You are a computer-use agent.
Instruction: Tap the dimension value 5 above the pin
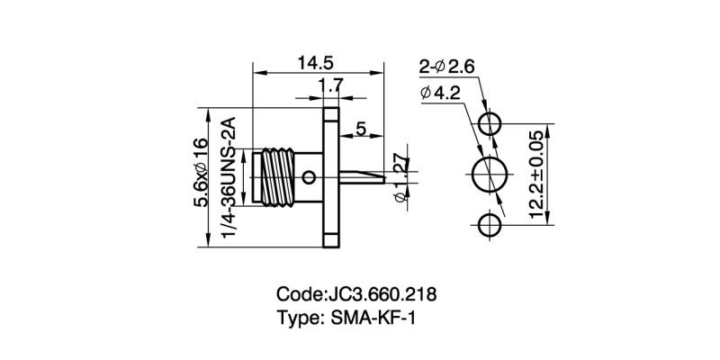click(360, 130)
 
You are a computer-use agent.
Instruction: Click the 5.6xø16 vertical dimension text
click(202, 175)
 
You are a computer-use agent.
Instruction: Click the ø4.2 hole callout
click(441, 92)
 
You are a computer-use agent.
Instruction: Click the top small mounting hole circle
click(490, 123)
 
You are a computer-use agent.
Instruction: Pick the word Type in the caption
click(297, 318)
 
